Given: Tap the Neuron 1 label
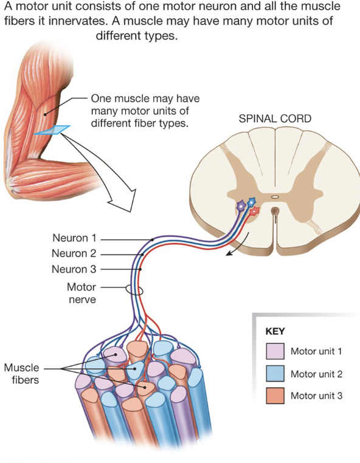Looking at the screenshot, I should click(x=74, y=239).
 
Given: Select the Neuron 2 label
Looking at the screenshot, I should click(x=74, y=254).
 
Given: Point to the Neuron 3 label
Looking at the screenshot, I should click(x=74, y=269).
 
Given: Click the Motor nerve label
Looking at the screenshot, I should click(x=81, y=293).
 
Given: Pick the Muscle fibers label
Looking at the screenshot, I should click(x=21, y=374).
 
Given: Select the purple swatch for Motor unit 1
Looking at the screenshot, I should click(x=275, y=352).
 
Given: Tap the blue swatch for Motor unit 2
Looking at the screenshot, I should click(x=275, y=374).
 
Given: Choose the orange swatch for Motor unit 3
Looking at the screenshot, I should click(x=275, y=396).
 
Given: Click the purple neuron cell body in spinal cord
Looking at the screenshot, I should click(x=241, y=207).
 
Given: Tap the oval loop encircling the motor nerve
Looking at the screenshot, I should click(x=134, y=290).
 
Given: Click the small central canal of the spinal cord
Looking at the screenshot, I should click(x=275, y=196).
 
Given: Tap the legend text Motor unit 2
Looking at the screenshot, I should click(x=316, y=374).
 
